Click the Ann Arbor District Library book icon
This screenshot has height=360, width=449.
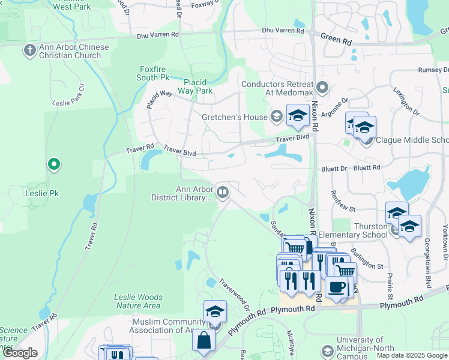pyautogui.click(x=223, y=192)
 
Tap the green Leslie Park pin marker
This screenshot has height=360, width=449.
pyautogui.click(x=54, y=164)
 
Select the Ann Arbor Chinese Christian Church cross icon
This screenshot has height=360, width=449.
pyautogui.click(x=30, y=50)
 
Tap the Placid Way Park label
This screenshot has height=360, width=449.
pyautogui.click(x=198, y=86)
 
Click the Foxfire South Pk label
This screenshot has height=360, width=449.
pyautogui.click(x=152, y=73)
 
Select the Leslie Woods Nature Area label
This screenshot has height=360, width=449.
pyautogui.click(x=138, y=301)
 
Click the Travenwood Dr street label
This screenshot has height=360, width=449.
pyautogui.click(x=234, y=293)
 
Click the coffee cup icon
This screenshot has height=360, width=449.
pyautogui.click(x=337, y=287)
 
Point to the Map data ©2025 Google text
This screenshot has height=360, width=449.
pyautogui.click(x=411, y=355)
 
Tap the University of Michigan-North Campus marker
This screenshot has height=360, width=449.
pyautogui.click(x=328, y=350)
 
